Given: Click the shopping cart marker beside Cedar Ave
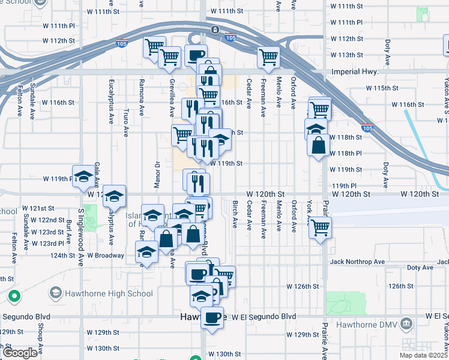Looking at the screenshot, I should coord(268,57).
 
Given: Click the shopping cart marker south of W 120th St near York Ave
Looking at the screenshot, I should coord(320,227).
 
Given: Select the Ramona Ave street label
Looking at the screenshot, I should coord(142,97).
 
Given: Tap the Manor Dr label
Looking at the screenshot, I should coord(157,175).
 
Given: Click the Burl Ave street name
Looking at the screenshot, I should coord(70,230).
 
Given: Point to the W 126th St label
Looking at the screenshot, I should coord(303,286).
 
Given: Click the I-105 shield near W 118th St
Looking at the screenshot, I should coord(367,128).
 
